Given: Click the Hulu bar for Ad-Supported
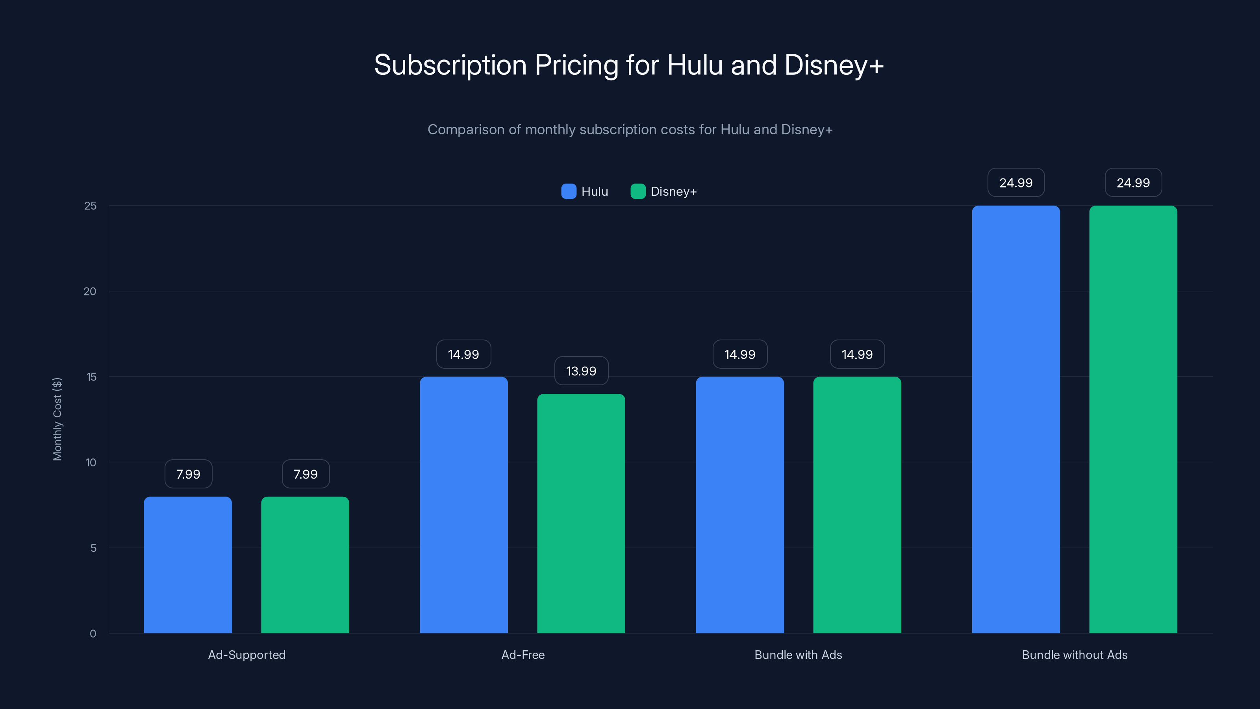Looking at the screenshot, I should coord(188,565).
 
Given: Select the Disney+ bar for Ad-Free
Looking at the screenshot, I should coord(581,513).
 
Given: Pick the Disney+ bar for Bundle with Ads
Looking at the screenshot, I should coord(857,505).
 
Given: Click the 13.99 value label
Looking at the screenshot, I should coord(581,371).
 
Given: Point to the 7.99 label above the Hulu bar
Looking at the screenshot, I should coord(188,474).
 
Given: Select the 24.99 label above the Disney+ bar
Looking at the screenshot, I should coord(1133,182).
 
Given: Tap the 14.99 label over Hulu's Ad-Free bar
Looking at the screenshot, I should coord(463,354).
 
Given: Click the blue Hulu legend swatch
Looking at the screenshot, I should coord(568,191).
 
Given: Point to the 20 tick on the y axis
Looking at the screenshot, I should coord(90,291).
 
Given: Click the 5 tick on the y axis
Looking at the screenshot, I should coord(93,548).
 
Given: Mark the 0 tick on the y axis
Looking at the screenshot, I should coord(93,634).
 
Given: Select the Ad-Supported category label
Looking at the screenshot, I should coord(246,655).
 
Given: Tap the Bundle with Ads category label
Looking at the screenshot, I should coord(798,655).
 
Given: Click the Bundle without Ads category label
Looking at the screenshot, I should coord(1074,655).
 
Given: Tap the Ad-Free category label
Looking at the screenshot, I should coord(523,655).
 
